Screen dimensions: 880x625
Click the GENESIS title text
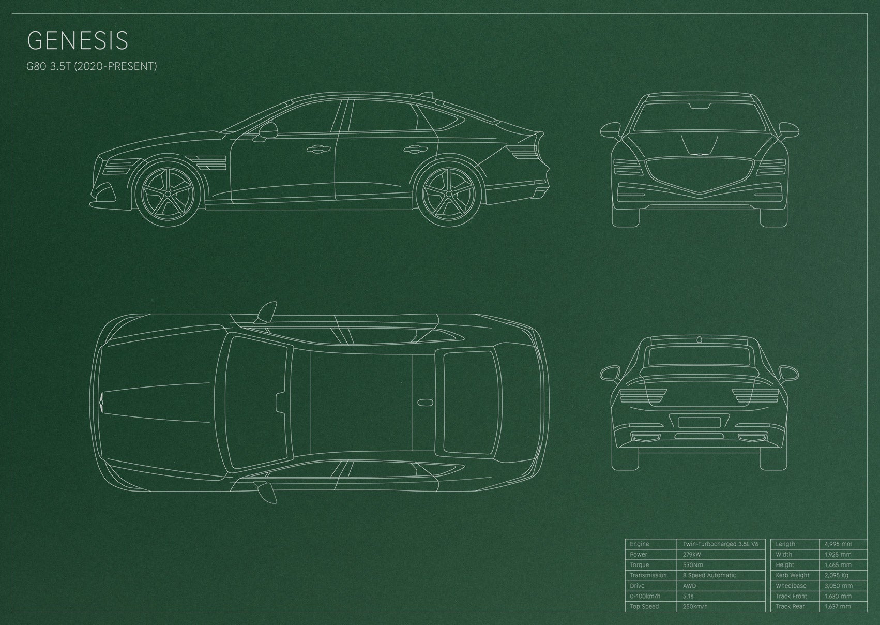78,40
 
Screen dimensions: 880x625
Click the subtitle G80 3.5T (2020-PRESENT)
92,66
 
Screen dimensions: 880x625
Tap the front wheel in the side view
168,194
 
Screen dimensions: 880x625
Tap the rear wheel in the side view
449,194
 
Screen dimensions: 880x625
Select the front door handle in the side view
318,150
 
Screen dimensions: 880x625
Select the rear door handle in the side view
415,150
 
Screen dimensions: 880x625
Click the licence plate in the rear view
699,423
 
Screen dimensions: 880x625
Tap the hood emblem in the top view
102,402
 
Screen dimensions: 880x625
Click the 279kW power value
692,555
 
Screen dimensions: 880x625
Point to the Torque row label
640,565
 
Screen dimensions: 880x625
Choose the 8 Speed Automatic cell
709,575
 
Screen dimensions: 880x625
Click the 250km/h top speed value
695,606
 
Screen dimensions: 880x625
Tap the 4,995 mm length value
838,544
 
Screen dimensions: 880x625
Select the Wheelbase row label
791,586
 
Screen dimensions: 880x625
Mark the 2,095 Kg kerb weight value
837,575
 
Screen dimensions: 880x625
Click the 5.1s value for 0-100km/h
688,596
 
